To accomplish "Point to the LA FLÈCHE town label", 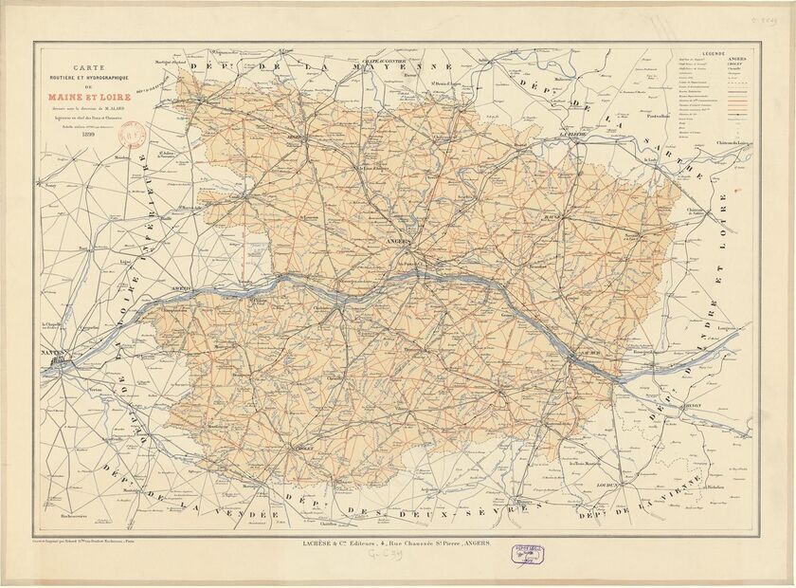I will tap(574, 135).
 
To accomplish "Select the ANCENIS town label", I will tap(181, 285).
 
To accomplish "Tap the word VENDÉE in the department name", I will tap(252, 514).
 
